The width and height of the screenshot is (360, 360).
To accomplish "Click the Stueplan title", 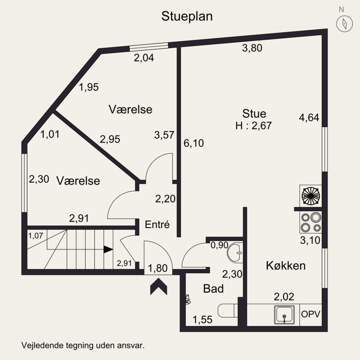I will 187,17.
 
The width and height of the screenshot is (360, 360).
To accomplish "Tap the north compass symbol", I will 344,22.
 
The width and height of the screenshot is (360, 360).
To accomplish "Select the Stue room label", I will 254,113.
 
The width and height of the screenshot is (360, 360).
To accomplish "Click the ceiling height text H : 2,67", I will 254,126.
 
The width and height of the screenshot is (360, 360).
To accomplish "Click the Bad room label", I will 213,289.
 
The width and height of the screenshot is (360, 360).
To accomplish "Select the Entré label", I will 157,225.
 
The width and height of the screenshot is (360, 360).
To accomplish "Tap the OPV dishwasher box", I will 311,314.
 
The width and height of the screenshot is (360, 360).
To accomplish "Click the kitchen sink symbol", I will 284,314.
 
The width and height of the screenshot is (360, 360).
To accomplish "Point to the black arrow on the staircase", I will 108,249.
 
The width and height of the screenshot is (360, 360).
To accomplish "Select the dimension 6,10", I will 194,144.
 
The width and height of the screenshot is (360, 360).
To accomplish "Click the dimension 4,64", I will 309,118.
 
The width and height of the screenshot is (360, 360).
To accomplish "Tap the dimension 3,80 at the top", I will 252,49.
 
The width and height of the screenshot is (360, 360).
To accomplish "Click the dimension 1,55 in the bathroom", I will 202,320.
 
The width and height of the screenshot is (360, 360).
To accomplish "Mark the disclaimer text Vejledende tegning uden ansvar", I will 82,346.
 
